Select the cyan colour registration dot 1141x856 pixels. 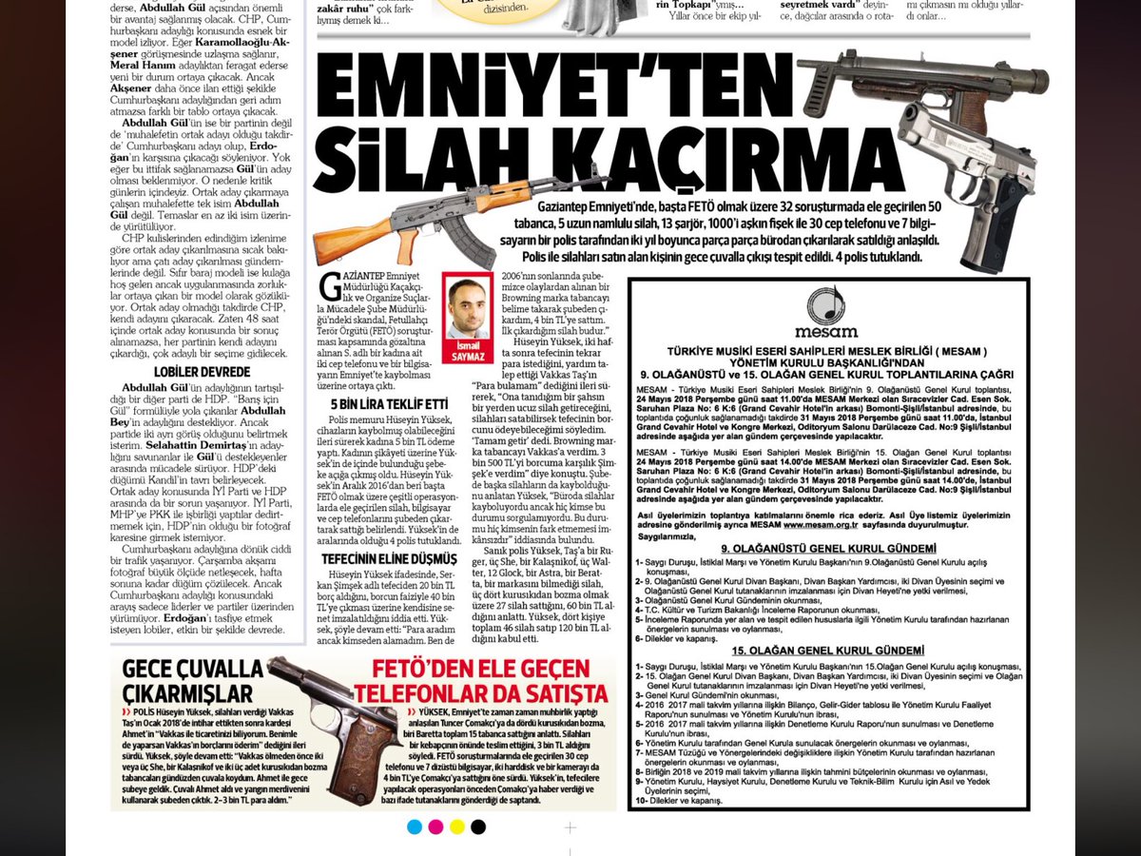pos(414,827)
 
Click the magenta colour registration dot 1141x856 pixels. pos(435,827)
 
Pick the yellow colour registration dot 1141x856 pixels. pos(456,827)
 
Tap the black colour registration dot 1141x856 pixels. pos(478,827)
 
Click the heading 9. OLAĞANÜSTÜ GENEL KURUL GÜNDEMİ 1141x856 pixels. pos(828,549)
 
